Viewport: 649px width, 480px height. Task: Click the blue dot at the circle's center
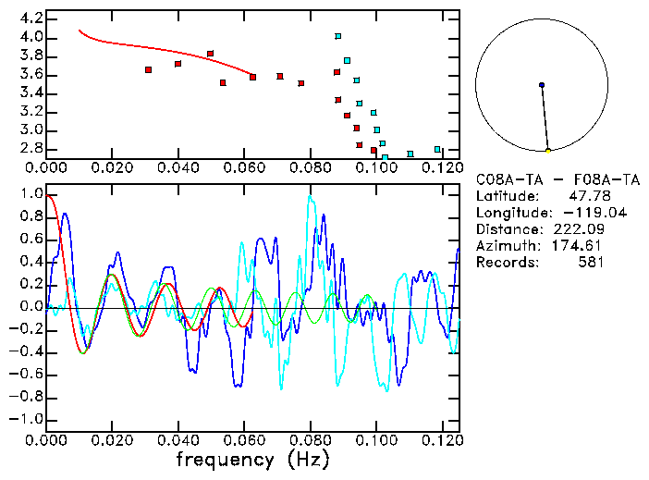(x=542, y=85)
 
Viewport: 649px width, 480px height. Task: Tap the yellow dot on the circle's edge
(x=548, y=151)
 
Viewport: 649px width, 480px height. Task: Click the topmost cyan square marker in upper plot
(x=338, y=36)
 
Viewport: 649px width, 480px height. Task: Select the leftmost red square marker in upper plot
(x=148, y=69)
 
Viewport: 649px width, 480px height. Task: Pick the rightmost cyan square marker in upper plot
(x=437, y=149)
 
